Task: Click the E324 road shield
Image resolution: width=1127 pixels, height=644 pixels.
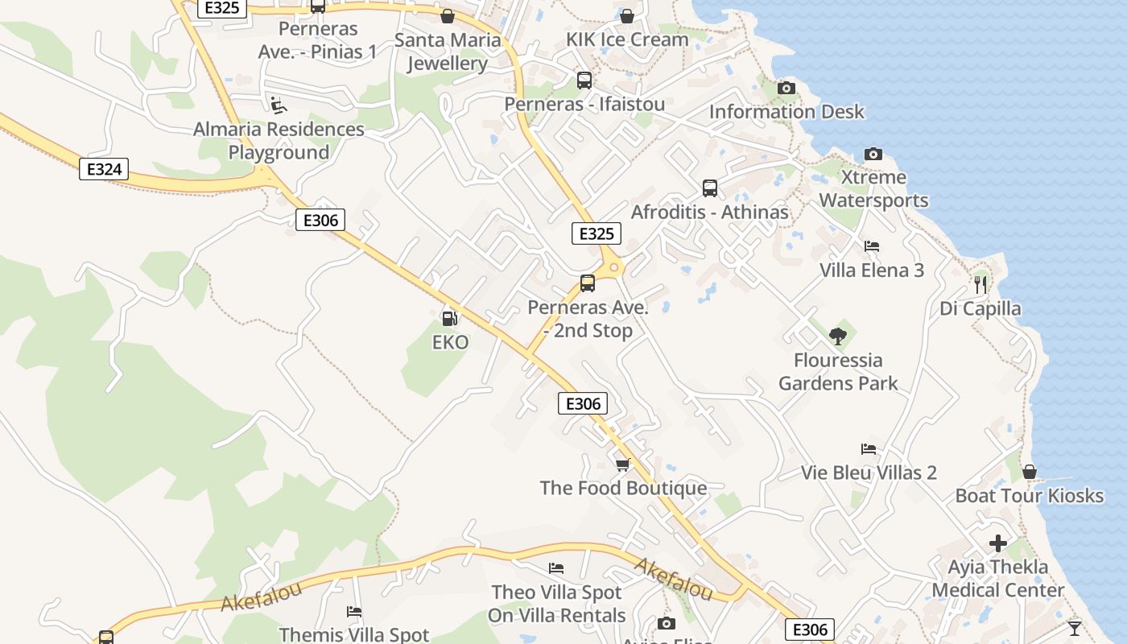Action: pos(104,169)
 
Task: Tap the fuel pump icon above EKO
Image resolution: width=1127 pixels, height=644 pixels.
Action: pos(450,319)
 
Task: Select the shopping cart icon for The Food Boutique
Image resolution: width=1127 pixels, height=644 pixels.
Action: pos(622,464)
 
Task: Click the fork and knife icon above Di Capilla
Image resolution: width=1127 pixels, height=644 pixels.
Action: pos(980,284)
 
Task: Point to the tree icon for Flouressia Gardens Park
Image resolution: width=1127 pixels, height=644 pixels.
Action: pos(838,336)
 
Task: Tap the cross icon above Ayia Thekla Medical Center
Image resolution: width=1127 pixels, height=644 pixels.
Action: pos(998,543)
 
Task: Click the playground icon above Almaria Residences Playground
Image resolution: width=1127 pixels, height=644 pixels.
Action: pos(278,105)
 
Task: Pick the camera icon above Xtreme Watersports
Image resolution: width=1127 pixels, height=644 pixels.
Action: pos(873,154)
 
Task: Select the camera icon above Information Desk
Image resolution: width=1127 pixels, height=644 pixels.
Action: pos(786,88)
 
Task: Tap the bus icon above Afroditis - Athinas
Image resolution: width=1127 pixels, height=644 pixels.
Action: pos(709,188)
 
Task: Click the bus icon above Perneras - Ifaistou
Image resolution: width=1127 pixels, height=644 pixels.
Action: pos(584,80)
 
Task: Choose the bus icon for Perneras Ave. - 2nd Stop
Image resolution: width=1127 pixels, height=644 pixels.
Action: pos(588,283)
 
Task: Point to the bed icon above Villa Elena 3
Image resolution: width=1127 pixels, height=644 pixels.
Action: pos(872,246)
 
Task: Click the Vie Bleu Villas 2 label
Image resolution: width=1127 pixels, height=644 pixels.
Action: pos(869,473)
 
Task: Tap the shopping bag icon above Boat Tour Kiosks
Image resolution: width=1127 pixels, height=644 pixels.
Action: pos(1029,472)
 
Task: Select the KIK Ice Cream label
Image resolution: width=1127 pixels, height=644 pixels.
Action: pos(627,39)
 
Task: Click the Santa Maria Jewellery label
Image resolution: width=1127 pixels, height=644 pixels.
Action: pos(448,52)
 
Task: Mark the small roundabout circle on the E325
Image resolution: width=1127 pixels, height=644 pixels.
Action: pos(614,267)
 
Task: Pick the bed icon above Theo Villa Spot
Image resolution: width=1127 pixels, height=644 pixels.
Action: pos(556,568)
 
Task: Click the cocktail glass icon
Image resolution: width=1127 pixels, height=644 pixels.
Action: pos(1074,628)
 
